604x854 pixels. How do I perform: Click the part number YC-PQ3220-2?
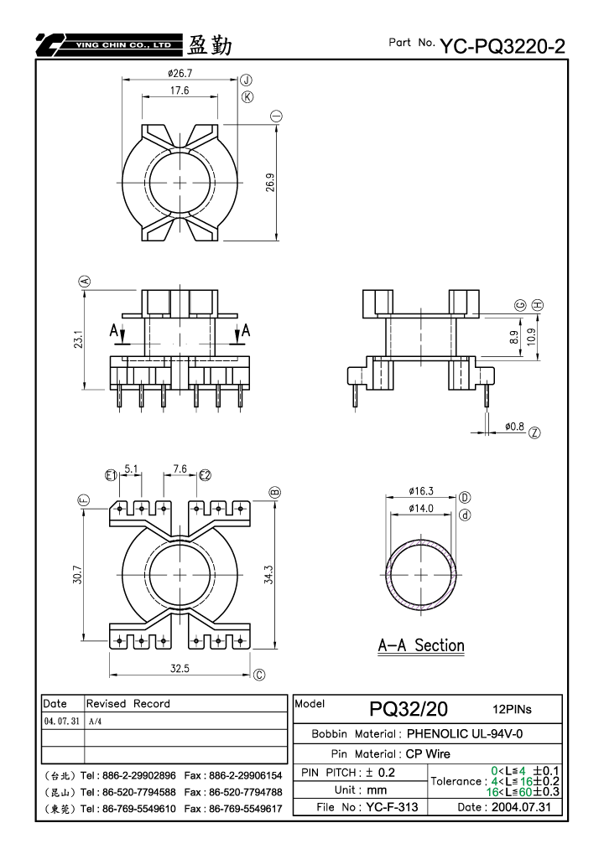(502, 46)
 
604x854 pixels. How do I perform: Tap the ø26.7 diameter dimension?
(180, 73)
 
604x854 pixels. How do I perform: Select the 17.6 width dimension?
(180, 91)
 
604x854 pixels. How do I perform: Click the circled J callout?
(247, 80)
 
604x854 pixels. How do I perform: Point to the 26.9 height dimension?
(270, 183)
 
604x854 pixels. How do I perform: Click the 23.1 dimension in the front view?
(78, 339)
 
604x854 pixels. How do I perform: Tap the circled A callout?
(85, 282)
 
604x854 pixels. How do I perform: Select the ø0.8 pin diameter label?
(514, 427)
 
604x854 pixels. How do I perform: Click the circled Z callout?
(534, 433)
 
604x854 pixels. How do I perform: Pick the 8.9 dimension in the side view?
(514, 337)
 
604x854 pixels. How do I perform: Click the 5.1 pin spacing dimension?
(132, 468)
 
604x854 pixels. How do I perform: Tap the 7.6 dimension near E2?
(180, 468)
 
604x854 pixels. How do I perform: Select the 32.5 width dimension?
(180, 668)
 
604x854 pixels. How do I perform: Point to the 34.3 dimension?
(268, 575)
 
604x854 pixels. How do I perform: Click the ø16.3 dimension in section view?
(421, 491)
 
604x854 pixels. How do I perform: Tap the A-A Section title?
(421, 645)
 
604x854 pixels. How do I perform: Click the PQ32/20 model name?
(409, 709)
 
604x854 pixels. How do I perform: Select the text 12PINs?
(512, 709)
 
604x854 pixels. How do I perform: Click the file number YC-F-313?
(392, 807)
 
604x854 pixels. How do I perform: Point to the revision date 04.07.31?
(61, 721)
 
